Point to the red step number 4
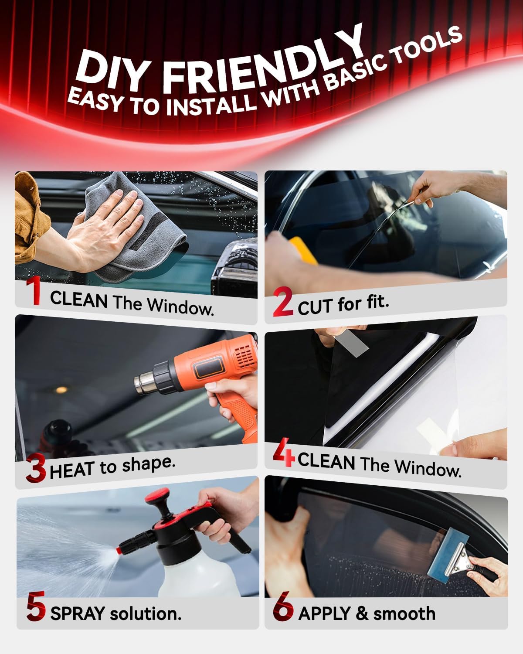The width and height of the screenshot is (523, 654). (x=284, y=453)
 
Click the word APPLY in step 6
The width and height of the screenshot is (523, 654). (x=324, y=613)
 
